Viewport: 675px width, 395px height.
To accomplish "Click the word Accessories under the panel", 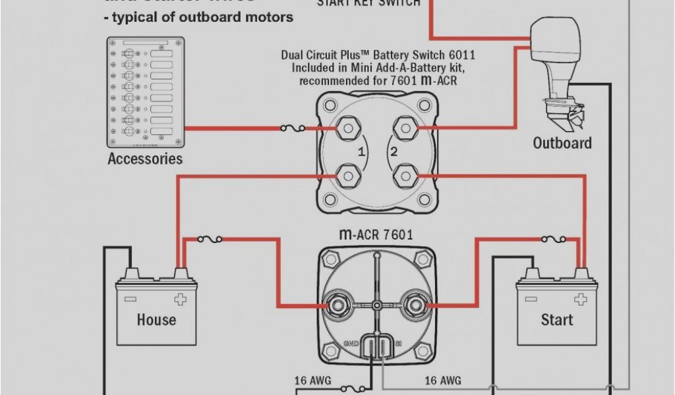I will pyautogui.click(x=145, y=159).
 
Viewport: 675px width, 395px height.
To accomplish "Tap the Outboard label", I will pyautogui.click(x=562, y=143).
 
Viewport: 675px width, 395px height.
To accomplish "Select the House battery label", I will pyautogui.click(x=156, y=320).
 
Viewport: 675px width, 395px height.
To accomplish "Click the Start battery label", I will pyautogui.click(x=557, y=320).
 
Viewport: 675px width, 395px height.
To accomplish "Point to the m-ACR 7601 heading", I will pyautogui.click(x=376, y=234).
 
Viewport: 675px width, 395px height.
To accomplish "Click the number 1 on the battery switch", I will pyautogui.click(x=361, y=152).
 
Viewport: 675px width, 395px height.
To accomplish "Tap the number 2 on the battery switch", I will pyautogui.click(x=394, y=152).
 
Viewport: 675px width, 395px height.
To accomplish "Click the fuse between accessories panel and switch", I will pyautogui.click(x=292, y=128).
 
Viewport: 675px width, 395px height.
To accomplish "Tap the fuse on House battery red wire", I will pyautogui.click(x=210, y=240).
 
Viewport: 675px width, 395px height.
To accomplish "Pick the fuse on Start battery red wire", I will pyautogui.click(x=552, y=240).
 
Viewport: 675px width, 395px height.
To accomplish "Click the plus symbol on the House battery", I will pyautogui.click(x=180, y=300).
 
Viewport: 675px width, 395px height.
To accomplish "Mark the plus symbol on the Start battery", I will pyautogui.click(x=580, y=300).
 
